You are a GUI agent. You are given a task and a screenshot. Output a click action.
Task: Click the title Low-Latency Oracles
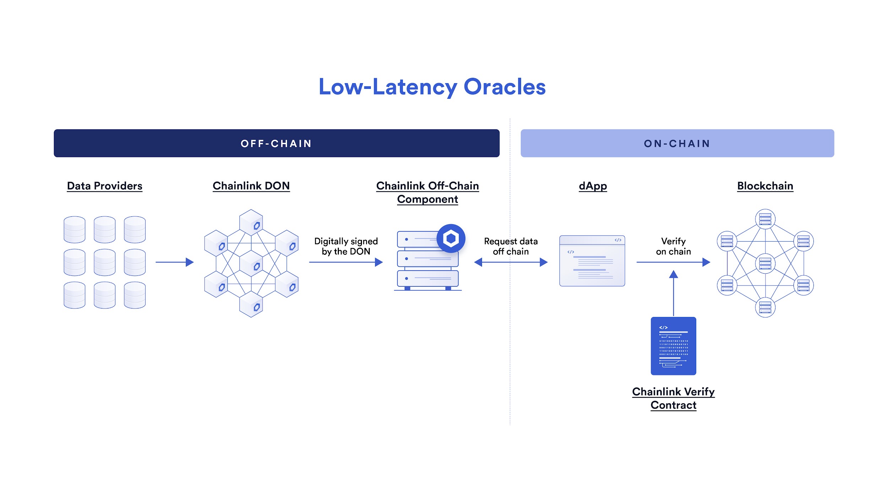pyautogui.click(x=432, y=87)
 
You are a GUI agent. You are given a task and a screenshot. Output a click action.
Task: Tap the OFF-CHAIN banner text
pyautogui.click(x=276, y=144)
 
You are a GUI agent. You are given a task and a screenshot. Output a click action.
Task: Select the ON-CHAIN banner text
pyautogui.click(x=677, y=144)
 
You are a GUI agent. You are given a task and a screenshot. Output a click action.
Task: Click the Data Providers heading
pyautogui.click(x=104, y=186)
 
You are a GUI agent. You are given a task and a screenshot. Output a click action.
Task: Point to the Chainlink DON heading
pyautogui.click(x=251, y=186)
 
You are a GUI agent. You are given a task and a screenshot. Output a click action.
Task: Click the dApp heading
pyautogui.click(x=592, y=186)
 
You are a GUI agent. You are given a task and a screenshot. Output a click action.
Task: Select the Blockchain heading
pyautogui.click(x=765, y=186)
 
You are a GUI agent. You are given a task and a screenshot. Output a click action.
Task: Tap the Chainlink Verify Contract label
pyautogui.click(x=673, y=398)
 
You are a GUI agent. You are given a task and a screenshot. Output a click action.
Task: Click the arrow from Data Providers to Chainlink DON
pyautogui.click(x=174, y=262)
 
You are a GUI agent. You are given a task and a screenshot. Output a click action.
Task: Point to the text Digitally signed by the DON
pyautogui.click(x=346, y=246)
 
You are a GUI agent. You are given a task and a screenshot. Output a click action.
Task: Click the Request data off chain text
pyautogui.click(x=511, y=246)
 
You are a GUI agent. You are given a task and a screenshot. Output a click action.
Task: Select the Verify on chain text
pyautogui.click(x=673, y=246)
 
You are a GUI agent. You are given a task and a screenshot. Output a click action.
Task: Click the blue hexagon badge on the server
pyautogui.click(x=451, y=238)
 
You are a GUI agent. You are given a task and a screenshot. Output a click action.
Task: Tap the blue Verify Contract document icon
pyautogui.click(x=673, y=346)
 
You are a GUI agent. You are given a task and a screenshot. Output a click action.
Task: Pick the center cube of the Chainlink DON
pyautogui.click(x=251, y=263)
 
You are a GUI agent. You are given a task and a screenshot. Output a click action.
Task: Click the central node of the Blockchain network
pyautogui.click(x=765, y=263)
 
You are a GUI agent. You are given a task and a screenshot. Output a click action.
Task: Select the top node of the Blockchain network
pyautogui.click(x=765, y=219)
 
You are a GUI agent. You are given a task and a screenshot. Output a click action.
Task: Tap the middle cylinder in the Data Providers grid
pyautogui.click(x=104, y=262)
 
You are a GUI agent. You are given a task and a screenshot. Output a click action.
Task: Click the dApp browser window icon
pyautogui.click(x=592, y=260)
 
